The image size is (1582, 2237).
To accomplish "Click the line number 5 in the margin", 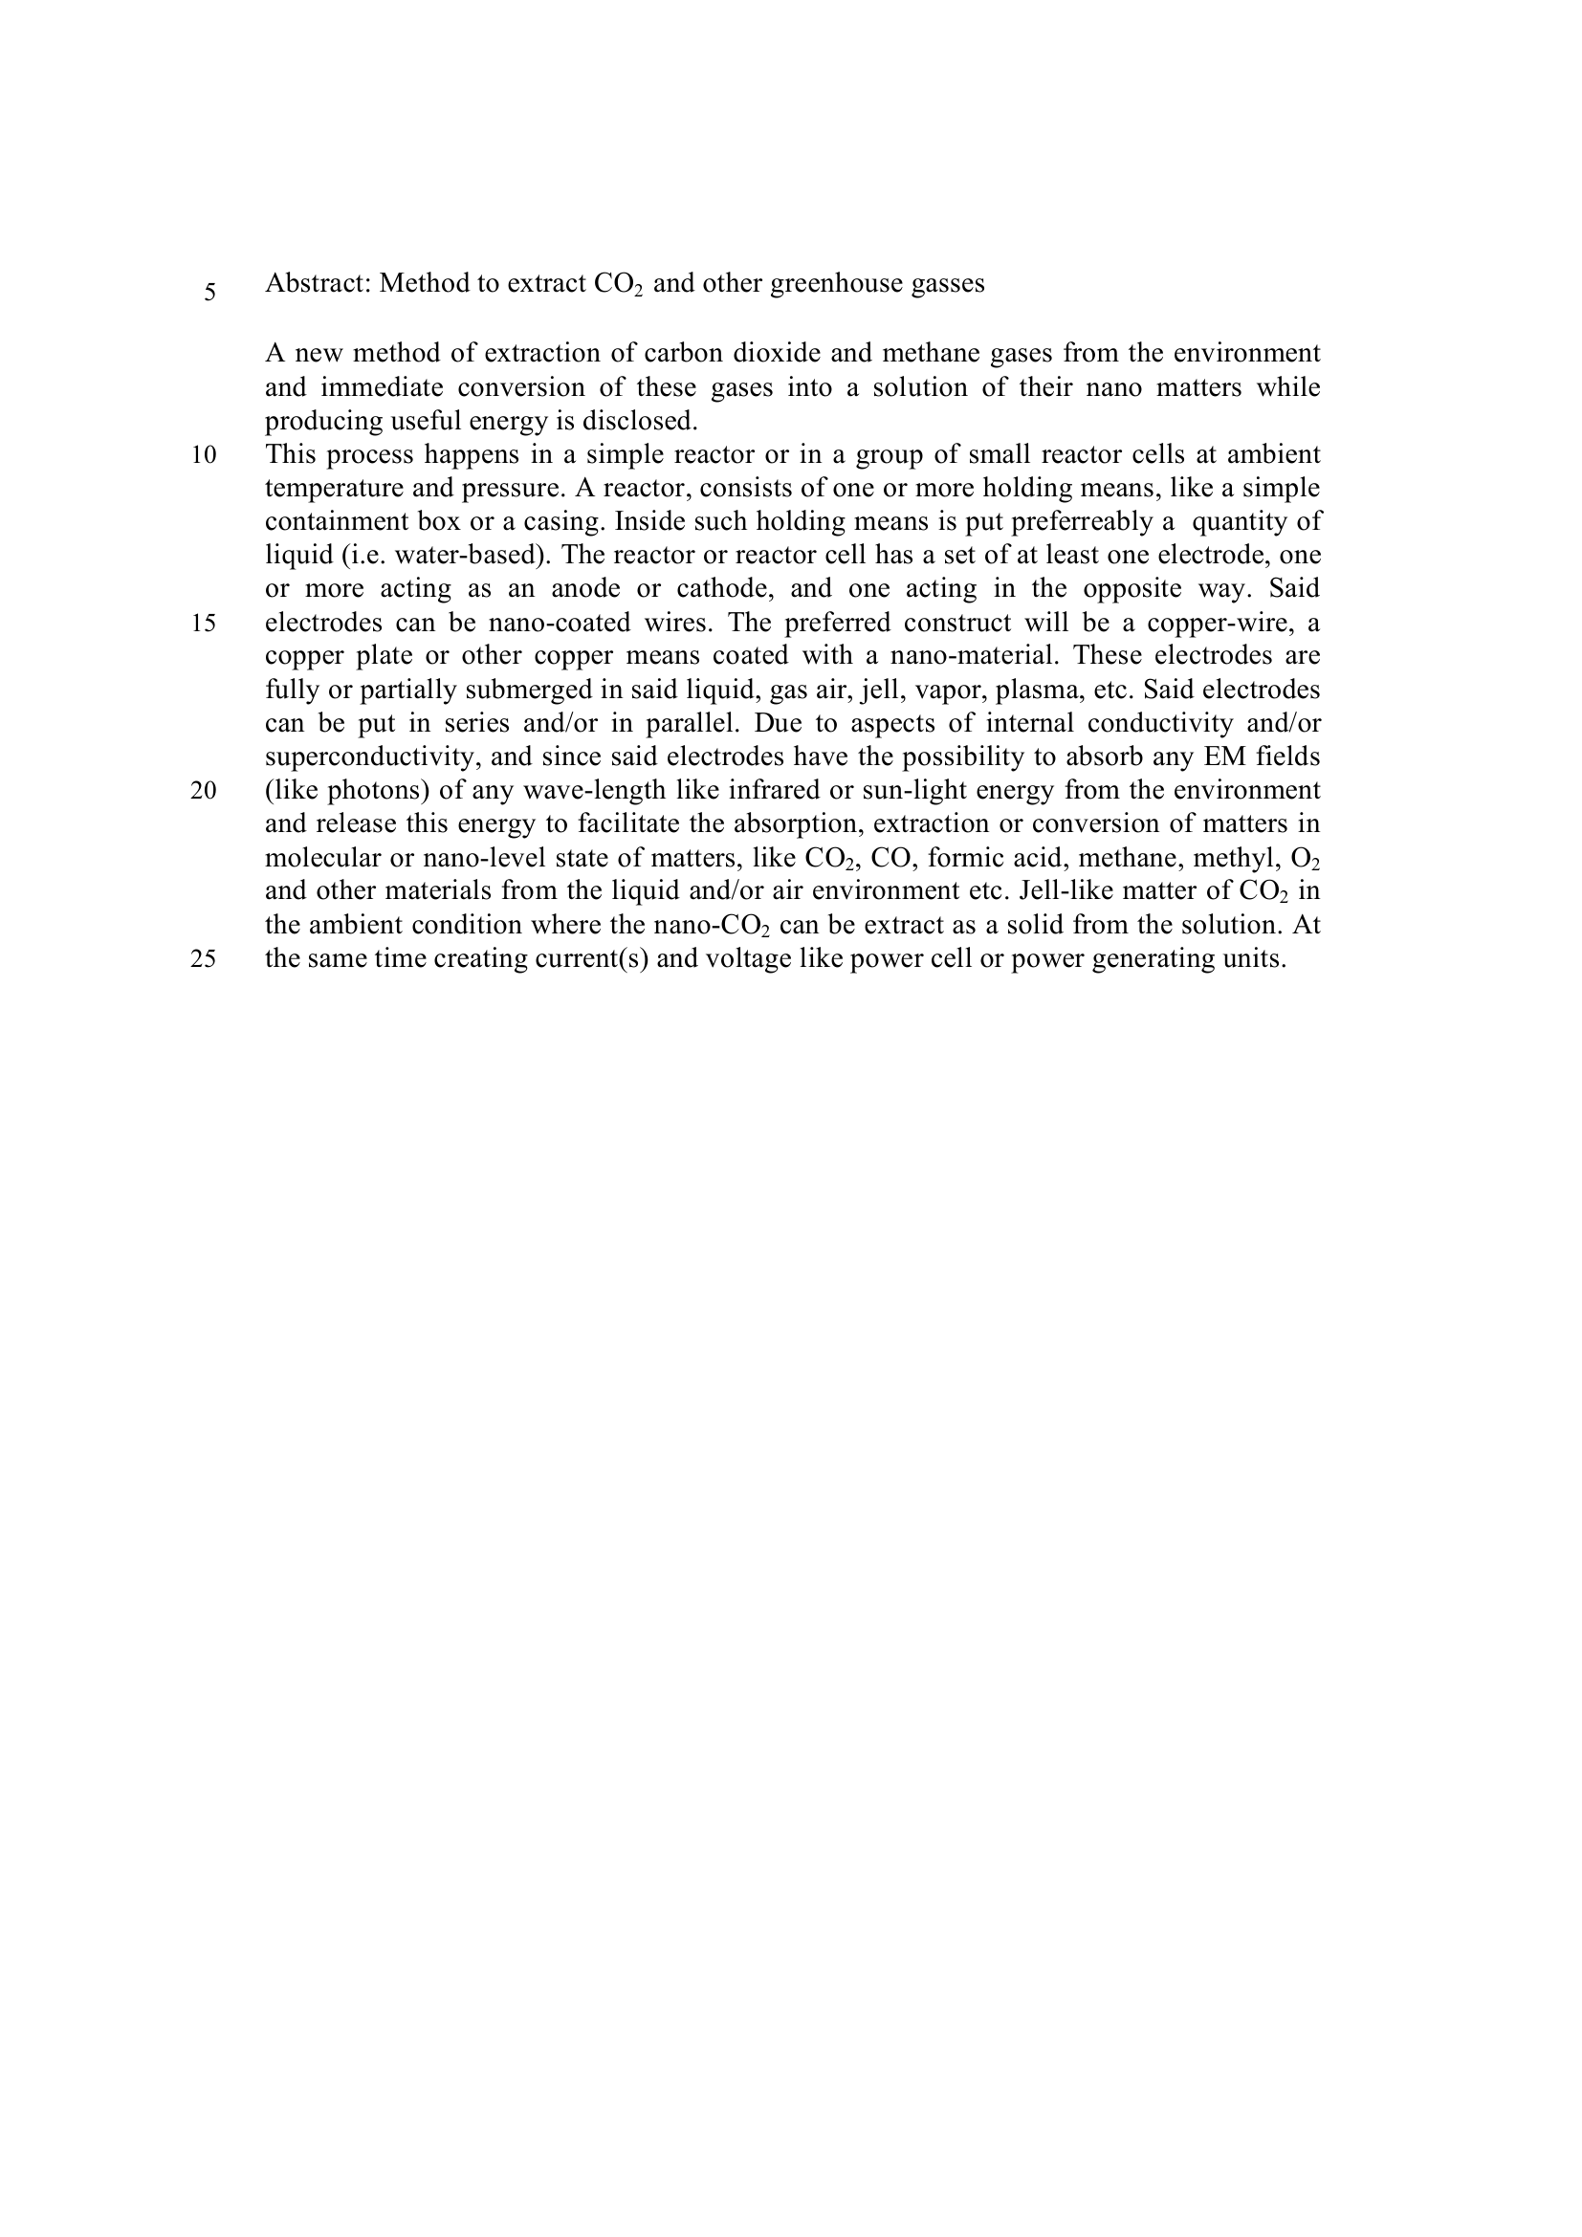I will coord(209,292).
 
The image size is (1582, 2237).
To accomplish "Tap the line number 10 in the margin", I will coord(204,455).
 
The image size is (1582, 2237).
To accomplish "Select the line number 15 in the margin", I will coord(204,623).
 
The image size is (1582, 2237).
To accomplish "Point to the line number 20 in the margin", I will coord(204,790).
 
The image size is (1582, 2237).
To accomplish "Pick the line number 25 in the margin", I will coord(204,958).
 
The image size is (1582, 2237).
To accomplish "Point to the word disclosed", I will coord(640,421).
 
